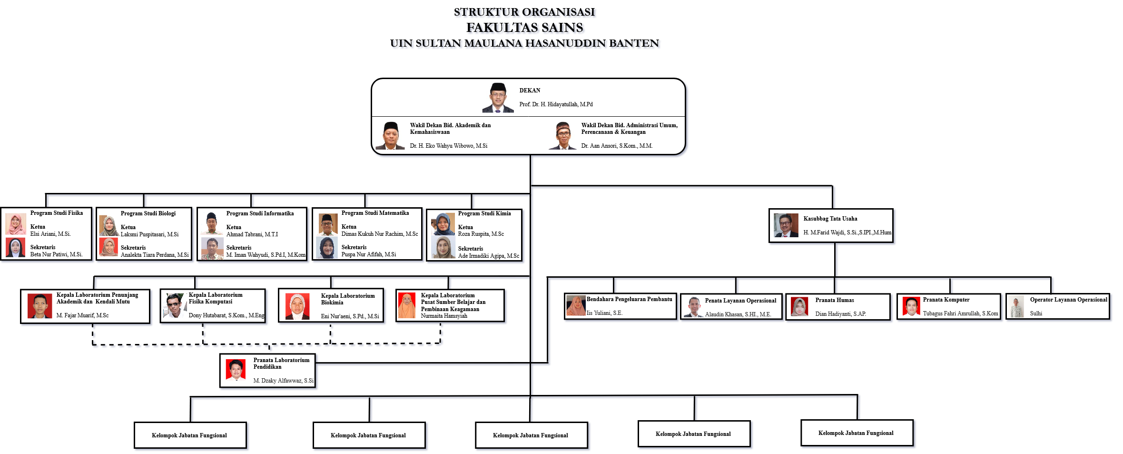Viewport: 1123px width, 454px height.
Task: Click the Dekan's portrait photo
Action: coord(498,98)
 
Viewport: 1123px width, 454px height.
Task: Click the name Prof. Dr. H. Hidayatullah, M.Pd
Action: coord(556,104)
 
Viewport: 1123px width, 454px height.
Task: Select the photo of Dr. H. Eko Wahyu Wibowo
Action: coord(391,136)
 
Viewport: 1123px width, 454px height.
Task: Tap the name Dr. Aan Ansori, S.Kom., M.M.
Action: coord(616,146)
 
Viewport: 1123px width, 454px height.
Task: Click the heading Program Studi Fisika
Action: coord(56,213)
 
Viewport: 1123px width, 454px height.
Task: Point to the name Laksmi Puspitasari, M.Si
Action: coord(149,234)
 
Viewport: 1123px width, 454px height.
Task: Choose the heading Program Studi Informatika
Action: coord(260,213)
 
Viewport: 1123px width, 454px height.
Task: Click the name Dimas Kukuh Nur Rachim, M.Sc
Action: coord(379,234)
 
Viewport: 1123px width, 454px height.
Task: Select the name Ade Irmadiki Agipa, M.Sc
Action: coord(488,256)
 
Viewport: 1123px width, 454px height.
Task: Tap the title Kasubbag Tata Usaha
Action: coord(830,219)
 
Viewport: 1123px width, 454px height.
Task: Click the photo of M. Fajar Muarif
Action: coord(39,306)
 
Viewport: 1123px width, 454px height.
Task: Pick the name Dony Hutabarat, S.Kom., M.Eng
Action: coord(227,315)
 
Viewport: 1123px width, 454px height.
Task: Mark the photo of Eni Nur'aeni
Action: coord(297,306)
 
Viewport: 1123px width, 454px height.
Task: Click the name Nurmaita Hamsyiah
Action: coord(443,316)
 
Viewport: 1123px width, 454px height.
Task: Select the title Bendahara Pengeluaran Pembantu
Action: coord(629,299)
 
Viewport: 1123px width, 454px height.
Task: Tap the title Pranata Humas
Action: coord(834,300)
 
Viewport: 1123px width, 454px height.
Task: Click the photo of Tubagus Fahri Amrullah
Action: coord(911,306)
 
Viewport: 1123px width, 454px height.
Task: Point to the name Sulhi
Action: coord(1035,313)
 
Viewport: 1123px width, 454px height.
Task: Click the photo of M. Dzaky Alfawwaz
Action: coord(236,370)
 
